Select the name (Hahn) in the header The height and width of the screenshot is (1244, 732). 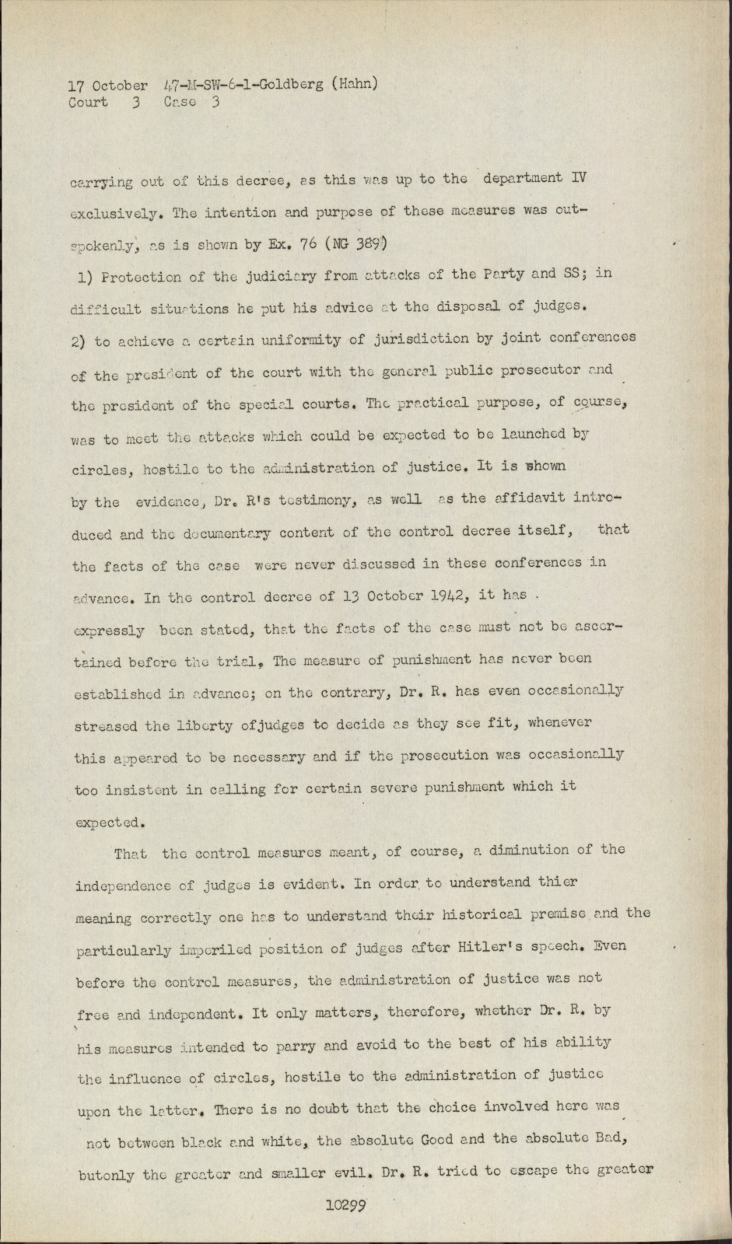pyautogui.click(x=354, y=84)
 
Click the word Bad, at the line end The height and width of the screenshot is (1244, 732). pyautogui.click(x=609, y=1137)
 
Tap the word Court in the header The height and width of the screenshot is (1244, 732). pyautogui.click(x=88, y=102)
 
